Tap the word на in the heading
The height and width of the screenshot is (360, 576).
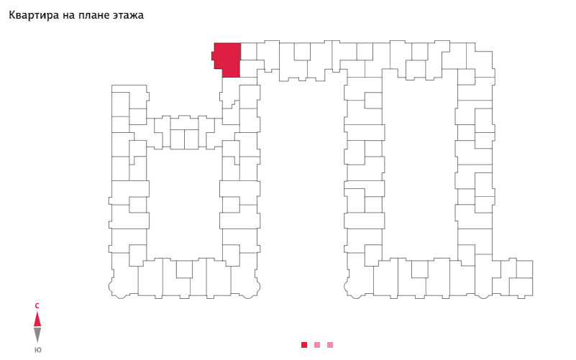tap(73, 15)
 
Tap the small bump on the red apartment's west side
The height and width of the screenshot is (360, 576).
tap(213, 55)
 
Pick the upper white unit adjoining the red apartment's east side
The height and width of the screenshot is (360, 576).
tap(249, 50)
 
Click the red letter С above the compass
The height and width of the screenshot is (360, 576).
tap(37, 306)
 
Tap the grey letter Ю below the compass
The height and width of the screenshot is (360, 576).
tap(37, 350)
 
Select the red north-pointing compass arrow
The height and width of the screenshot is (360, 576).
tap(37, 319)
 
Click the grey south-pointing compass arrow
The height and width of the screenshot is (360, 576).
tap(37, 334)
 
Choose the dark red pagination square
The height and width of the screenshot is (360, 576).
tap(304, 345)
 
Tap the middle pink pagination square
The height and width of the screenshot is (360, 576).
tap(317, 345)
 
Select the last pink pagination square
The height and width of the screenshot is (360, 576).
tap(330, 345)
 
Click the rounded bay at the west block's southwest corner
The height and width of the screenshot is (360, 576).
tap(116, 289)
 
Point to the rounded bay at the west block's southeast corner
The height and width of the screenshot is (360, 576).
tap(252, 289)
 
